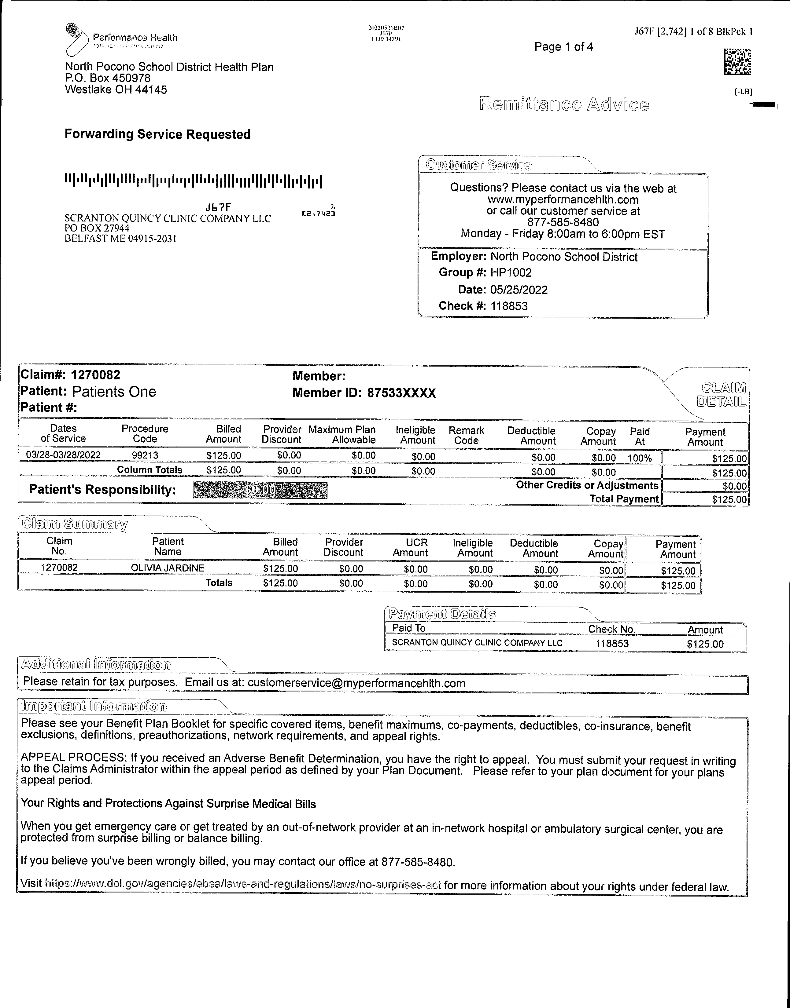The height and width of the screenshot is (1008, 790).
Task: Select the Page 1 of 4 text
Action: [x=563, y=47]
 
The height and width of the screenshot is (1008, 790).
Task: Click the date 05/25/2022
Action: [x=519, y=290]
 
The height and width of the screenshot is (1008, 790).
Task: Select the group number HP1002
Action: [x=511, y=273]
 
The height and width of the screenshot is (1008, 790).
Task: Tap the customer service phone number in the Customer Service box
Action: [x=563, y=222]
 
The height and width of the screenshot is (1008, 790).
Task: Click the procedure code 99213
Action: [x=145, y=455]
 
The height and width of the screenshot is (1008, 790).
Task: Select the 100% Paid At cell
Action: [x=639, y=458]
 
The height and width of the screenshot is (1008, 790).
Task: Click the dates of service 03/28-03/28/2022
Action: [x=63, y=455]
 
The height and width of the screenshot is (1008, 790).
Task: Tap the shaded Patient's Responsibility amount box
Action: [x=260, y=490]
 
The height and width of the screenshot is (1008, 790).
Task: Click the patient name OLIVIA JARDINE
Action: [x=168, y=568]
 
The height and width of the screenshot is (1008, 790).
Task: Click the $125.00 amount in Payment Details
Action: [x=705, y=644]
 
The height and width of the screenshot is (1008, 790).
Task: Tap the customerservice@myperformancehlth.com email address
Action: [x=356, y=683]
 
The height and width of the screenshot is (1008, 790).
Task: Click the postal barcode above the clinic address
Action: [x=193, y=181]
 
